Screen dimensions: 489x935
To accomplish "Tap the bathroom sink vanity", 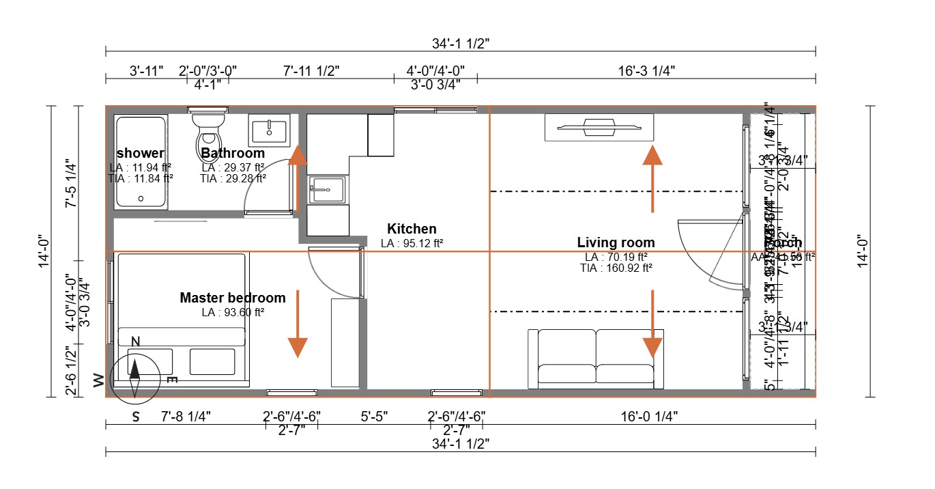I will (x=270, y=130).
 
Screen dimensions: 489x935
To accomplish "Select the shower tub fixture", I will (x=141, y=162).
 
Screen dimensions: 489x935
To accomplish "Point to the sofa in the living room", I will (x=596, y=359).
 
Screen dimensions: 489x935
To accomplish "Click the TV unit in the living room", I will (x=599, y=126).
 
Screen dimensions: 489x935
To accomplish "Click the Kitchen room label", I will (x=412, y=229).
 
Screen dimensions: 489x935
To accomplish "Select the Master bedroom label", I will (x=233, y=298).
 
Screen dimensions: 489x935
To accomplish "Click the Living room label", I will (x=616, y=242).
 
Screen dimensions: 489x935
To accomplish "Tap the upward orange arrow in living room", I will (x=653, y=178).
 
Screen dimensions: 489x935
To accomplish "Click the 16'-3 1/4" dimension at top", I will (x=645, y=70).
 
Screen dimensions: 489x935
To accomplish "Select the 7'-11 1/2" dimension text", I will (x=311, y=70).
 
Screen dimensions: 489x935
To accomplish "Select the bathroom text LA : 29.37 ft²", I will (x=233, y=167).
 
